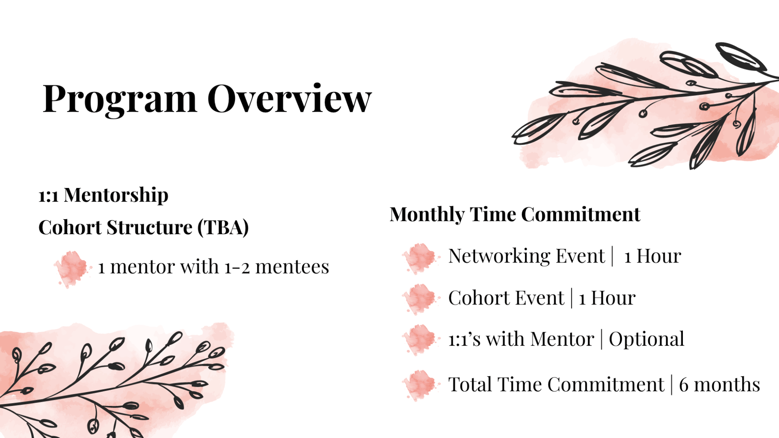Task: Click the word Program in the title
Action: click(120, 99)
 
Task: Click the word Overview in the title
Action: click(289, 98)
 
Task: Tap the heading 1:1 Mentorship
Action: click(103, 195)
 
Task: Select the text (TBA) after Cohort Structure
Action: click(223, 227)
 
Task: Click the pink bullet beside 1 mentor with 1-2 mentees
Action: click(72, 268)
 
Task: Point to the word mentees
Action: click(292, 267)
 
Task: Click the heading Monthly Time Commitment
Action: click(515, 214)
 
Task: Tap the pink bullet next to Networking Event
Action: click(420, 258)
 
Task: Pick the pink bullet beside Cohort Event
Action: click(420, 300)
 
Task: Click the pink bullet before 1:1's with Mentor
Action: click(420, 340)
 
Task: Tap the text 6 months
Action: click(719, 384)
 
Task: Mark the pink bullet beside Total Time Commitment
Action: click(420, 386)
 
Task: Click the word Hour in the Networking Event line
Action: click(658, 256)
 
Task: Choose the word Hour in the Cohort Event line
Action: click(613, 298)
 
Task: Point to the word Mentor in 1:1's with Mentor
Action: click(562, 339)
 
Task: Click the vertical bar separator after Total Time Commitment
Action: click(672, 384)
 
